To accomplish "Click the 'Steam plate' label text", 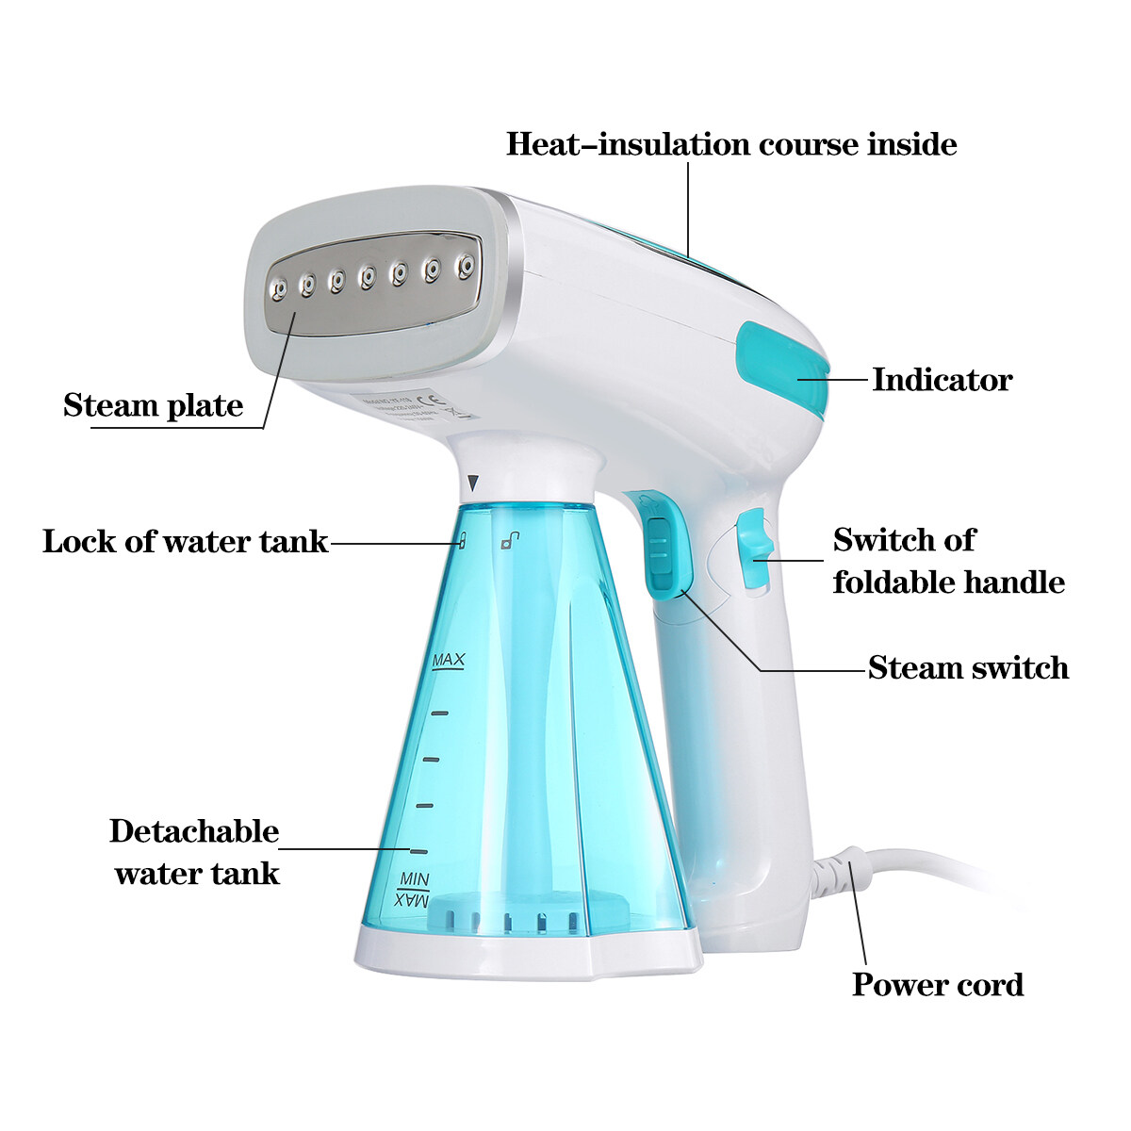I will point(153,405).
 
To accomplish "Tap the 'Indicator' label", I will point(942,380).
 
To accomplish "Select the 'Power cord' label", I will point(937,985).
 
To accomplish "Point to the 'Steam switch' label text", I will point(968,668).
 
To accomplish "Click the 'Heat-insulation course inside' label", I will point(731,144).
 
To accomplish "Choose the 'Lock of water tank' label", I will point(185,542).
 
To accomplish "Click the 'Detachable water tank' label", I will point(196,852).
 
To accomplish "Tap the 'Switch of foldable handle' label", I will point(948,561).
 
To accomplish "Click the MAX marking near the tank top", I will point(448,660).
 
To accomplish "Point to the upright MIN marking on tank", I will point(414,879).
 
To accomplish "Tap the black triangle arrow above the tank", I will point(473,484).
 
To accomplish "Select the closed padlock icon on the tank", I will point(461,541).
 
